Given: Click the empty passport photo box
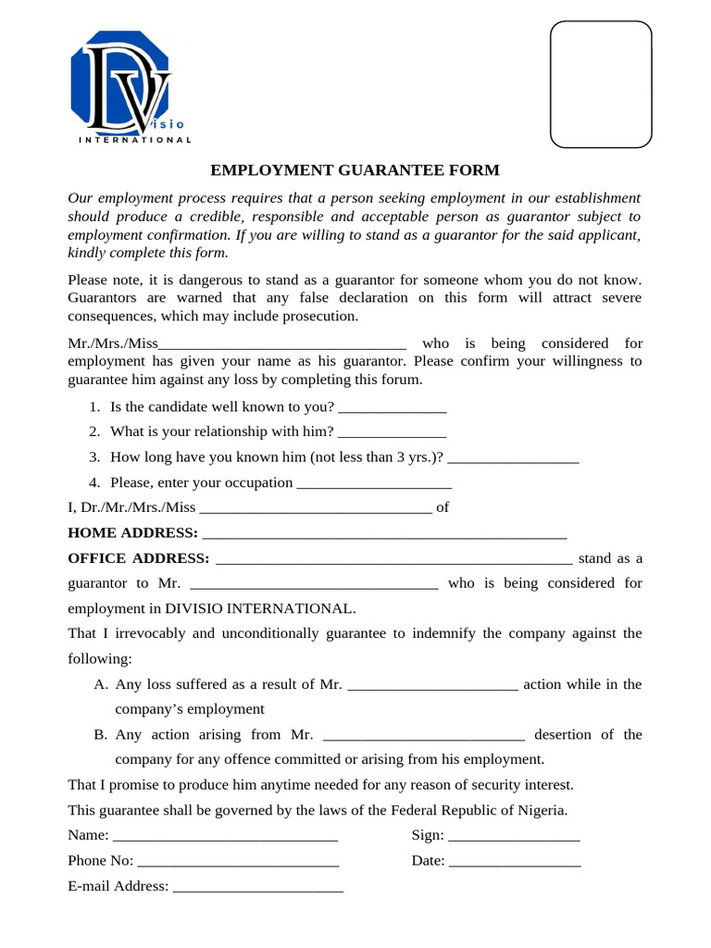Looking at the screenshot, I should tap(601, 84).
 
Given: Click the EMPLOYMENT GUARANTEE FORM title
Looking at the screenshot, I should tap(355, 170).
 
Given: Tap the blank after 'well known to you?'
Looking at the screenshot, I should tap(393, 407).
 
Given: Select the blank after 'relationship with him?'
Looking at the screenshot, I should tap(393, 431).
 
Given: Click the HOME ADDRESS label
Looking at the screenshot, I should tap(132, 533).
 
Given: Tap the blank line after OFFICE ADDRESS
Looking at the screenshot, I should tap(393, 559).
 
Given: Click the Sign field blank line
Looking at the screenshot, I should tap(514, 836).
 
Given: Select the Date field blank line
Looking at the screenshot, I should tap(515, 861).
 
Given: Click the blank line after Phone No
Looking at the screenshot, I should tap(238, 861).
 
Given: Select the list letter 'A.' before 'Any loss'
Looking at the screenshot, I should tap(102, 684).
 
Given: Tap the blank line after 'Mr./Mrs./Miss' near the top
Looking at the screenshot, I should tap(282, 343).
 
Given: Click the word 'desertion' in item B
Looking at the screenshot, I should tap(563, 734).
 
